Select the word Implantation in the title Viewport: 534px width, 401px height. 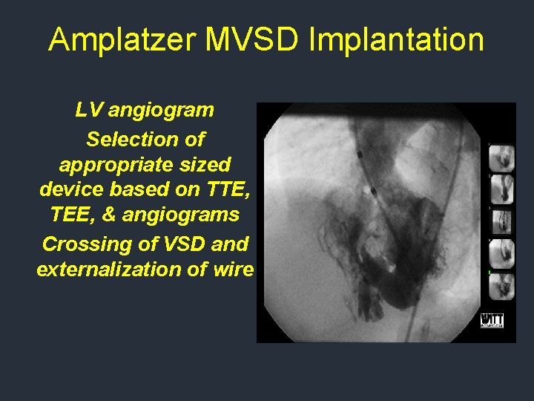coord(396,39)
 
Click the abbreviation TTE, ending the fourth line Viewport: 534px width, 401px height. coord(226,189)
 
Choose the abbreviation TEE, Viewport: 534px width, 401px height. coord(73,215)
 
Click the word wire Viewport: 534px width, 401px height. coord(233,268)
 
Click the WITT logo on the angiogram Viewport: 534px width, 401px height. coord(492,319)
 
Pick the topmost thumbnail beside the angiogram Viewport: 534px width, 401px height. coord(502,159)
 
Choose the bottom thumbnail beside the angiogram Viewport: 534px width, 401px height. coord(502,287)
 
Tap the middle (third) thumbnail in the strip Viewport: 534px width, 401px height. coord(502,222)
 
